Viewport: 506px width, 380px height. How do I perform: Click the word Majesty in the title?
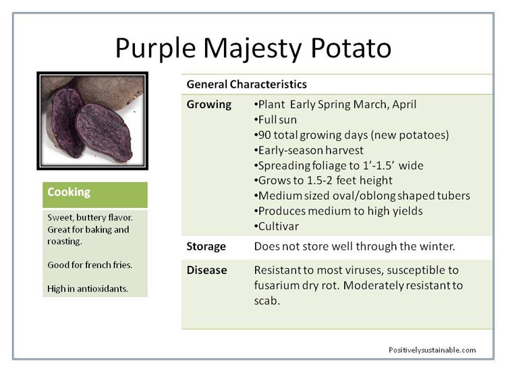[x=252, y=49]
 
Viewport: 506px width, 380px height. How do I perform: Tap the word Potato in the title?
[x=351, y=48]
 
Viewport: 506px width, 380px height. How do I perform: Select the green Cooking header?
[x=95, y=194]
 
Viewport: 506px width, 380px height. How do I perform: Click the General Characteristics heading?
[x=246, y=84]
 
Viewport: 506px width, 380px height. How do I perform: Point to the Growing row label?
[x=208, y=105]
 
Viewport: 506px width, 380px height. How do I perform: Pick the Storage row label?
[x=206, y=246]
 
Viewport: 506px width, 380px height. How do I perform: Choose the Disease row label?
[x=206, y=270]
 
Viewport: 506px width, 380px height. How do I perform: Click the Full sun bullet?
[x=275, y=119]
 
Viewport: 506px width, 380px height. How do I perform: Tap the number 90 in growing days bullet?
[x=265, y=135]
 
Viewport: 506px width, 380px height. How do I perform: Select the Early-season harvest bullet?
[x=309, y=150]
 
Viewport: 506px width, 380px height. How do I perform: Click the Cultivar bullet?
[x=277, y=226]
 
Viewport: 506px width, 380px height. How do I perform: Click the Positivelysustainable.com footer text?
[x=432, y=350]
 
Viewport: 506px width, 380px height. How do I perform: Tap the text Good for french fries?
[x=90, y=265]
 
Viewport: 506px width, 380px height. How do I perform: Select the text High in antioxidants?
[x=88, y=289]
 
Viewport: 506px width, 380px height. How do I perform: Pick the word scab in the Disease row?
[x=266, y=301]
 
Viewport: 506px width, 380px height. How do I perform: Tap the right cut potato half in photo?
[x=105, y=132]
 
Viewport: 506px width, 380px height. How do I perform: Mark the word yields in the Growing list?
[x=408, y=211]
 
